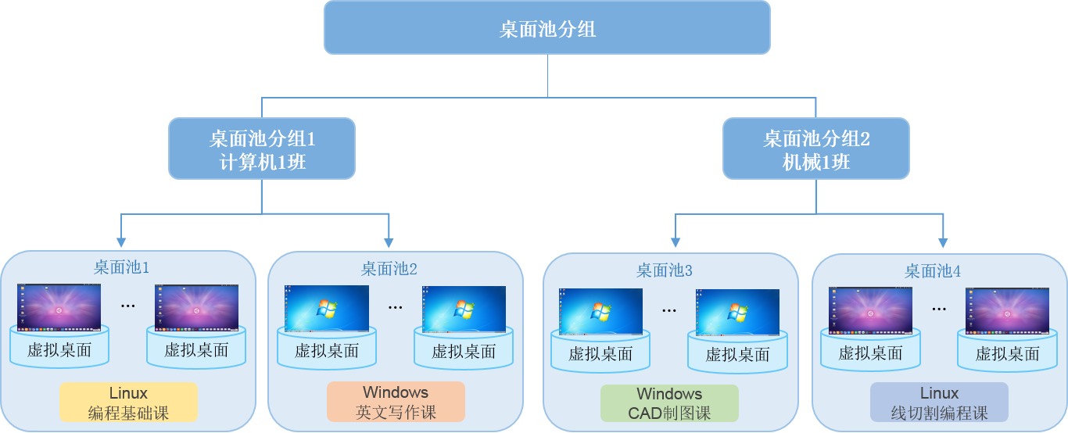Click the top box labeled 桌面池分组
point(547,28)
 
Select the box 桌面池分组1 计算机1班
point(262,149)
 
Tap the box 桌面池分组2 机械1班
point(815,149)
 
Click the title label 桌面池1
point(121,267)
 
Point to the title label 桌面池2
point(389,269)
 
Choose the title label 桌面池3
point(665,270)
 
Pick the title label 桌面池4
point(933,271)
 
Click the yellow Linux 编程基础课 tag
point(128,403)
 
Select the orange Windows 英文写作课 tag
point(396,402)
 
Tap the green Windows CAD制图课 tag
point(669,403)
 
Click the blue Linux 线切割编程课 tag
point(939,403)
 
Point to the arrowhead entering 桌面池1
point(120,242)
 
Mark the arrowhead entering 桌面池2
point(389,242)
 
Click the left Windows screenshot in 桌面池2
point(327,308)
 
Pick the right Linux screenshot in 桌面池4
point(1007,310)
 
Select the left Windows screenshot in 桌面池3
point(600,311)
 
